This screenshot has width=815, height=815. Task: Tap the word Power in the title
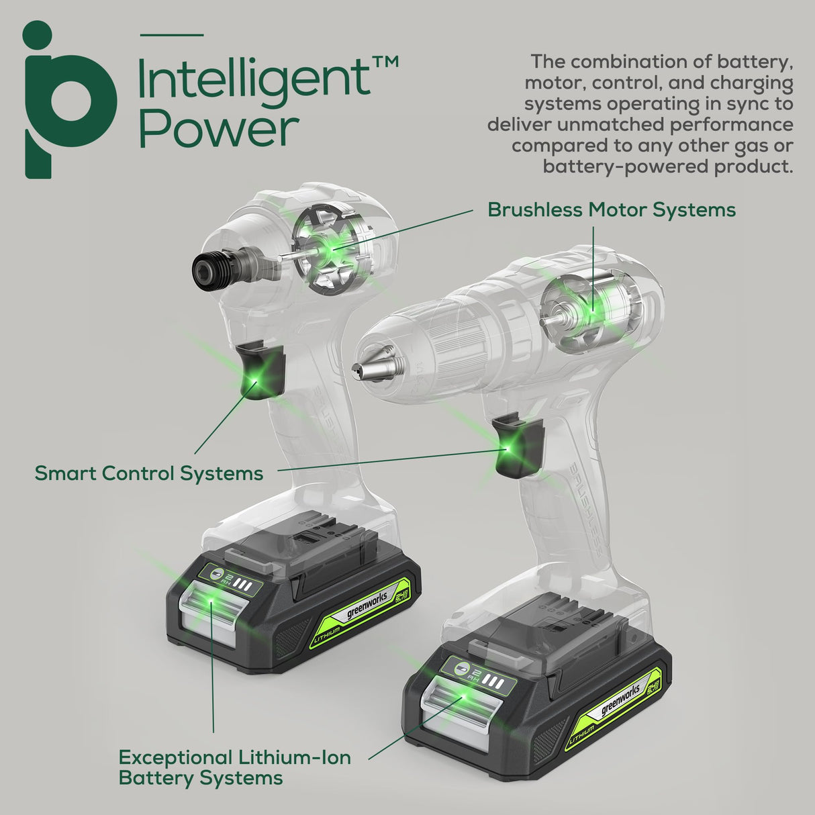coord(218,130)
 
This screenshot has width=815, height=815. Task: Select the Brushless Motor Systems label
coord(611,210)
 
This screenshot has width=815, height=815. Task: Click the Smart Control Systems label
coord(148,473)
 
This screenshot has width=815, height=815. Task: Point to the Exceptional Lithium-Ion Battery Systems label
coord(234,768)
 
